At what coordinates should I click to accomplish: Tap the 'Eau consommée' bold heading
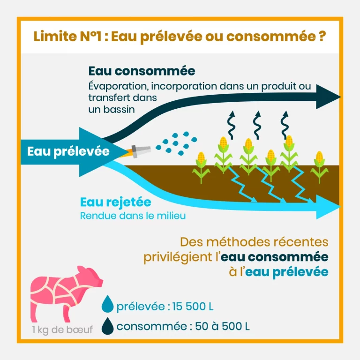click(142, 71)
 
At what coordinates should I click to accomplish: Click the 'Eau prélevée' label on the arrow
click(68, 151)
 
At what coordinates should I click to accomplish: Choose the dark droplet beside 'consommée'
click(108, 325)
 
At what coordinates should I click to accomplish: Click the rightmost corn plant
click(320, 166)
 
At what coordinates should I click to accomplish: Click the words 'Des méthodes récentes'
click(254, 243)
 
